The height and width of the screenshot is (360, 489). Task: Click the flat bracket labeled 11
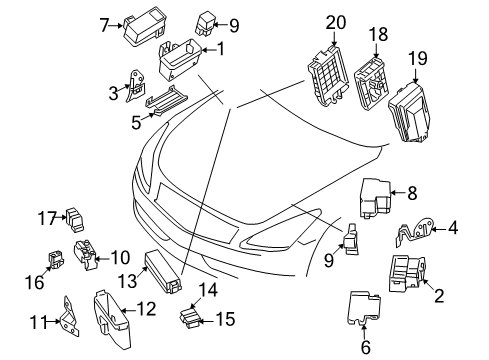tap(68, 319)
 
